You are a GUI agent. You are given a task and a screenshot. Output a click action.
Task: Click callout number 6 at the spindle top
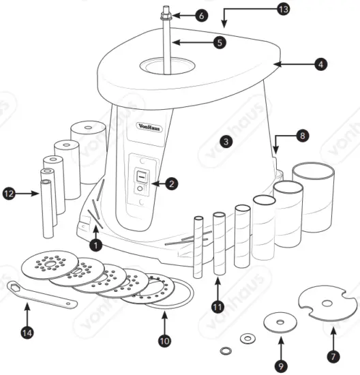[x=200, y=14]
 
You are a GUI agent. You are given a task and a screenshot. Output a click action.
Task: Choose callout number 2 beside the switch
[x=172, y=183]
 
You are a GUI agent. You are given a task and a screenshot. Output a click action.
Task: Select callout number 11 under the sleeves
[x=217, y=306]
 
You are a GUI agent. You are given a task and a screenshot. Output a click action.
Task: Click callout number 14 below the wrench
[x=27, y=333]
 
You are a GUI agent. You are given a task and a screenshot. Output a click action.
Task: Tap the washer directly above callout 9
[x=279, y=320]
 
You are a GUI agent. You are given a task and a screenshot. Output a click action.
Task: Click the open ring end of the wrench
[x=14, y=288]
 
